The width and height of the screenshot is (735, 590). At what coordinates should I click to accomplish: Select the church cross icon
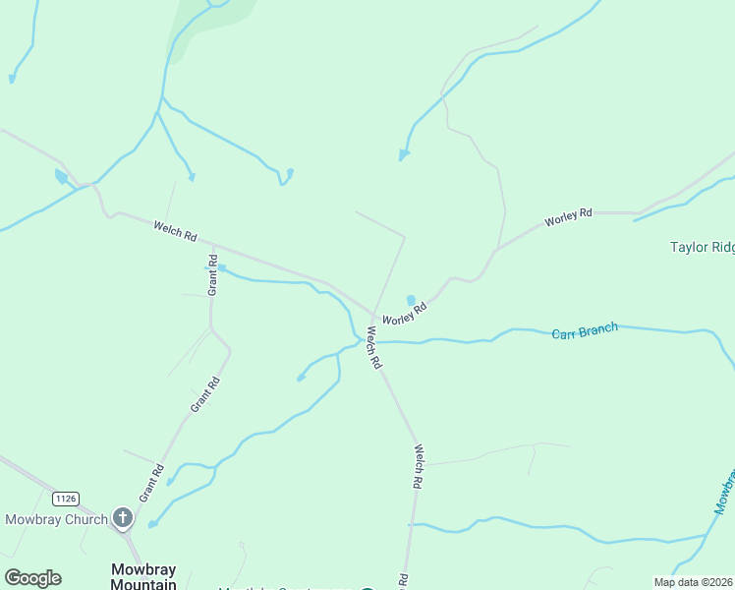click(123, 516)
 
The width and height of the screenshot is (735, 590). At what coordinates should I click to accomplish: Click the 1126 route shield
click(66, 500)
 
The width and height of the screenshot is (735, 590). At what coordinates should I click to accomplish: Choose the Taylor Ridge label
click(702, 248)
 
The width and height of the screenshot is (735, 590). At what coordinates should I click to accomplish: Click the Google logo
click(32, 578)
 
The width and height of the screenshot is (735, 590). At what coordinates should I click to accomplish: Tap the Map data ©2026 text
click(693, 581)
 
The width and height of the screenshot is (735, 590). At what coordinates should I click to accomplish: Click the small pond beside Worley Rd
click(411, 300)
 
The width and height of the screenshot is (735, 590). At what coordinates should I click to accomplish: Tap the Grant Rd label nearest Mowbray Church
click(150, 483)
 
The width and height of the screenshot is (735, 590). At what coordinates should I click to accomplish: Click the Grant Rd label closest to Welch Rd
click(212, 277)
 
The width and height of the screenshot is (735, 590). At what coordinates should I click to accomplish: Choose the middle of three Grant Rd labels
click(201, 393)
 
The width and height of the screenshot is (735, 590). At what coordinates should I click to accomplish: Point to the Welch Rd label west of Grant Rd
click(175, 232)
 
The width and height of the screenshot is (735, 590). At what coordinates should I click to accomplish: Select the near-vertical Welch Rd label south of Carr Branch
click(418, 467)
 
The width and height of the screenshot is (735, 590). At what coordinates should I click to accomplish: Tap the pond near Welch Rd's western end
click(61, 177)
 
